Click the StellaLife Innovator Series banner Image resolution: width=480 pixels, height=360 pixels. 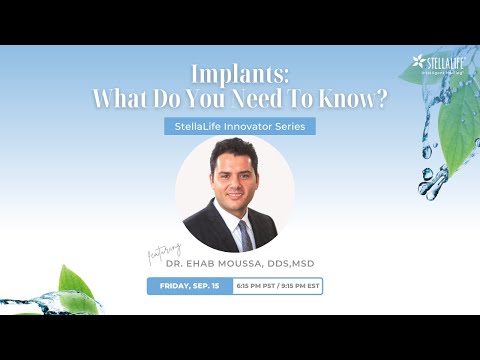click(x=239, y=127)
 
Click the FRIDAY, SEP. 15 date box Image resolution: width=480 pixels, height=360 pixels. click(x=189, y=286)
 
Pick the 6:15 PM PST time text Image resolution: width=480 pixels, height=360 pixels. click(x=254, y=286)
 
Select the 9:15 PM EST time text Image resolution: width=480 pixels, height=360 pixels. click(x=300, y=286)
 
